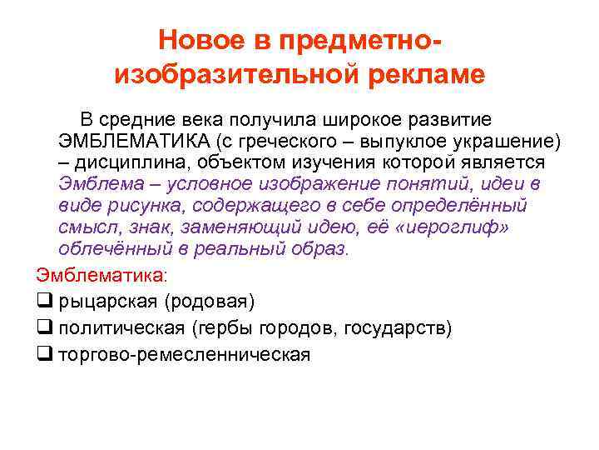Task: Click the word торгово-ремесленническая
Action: [x=184, y=354]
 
